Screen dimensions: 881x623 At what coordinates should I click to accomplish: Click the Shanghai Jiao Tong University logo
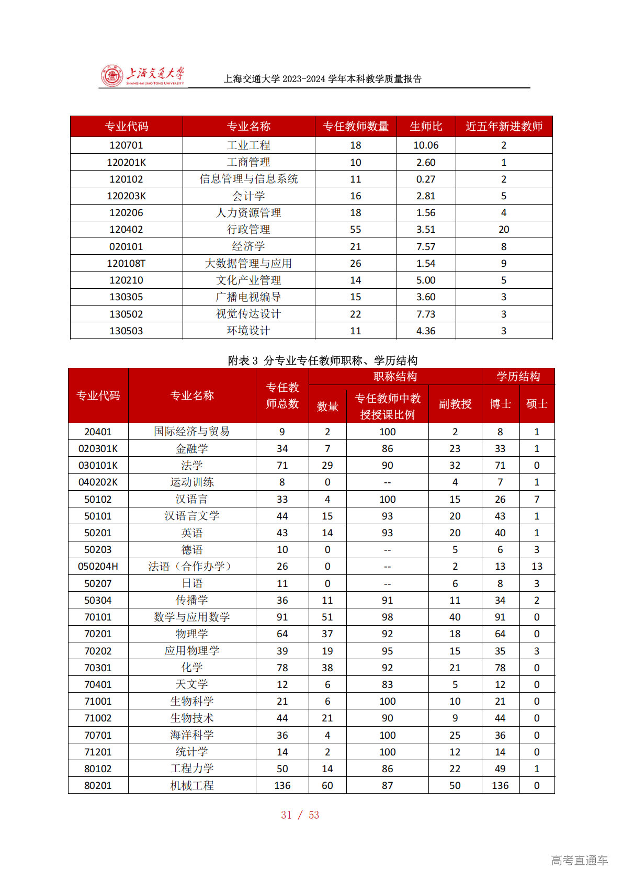click(142, 76)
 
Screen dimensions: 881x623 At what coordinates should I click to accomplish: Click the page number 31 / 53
click(300, 815)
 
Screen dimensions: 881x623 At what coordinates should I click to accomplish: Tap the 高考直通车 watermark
click(579, 860)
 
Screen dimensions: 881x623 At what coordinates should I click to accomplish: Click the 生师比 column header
click(426, 127)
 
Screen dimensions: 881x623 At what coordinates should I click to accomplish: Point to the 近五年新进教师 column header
click(504, 127)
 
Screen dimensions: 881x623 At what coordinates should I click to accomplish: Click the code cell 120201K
click(126, 162)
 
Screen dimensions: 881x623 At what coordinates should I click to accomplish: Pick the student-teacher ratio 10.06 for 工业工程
click(426, 145)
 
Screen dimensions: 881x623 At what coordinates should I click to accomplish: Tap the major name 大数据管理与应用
click(248, 263)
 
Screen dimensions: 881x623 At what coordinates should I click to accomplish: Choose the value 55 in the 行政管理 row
click(356, 230)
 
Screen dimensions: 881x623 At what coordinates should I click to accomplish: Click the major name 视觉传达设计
click(248, 314)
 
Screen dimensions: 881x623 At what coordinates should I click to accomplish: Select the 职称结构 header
click(395, 377)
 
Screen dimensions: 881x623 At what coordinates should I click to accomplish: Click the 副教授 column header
click(455, 404)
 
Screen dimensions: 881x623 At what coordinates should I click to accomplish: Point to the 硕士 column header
click(537, 404)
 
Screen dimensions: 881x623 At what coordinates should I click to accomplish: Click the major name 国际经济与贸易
click(192, 432)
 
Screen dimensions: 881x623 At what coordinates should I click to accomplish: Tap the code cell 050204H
click(98, 567)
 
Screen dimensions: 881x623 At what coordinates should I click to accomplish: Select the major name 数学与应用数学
click(192, 617)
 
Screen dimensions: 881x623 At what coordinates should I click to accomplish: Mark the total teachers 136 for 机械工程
click(282, 786)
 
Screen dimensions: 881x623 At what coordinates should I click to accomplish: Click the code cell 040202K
click(98, 482)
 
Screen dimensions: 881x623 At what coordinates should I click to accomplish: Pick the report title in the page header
click(323, 79)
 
